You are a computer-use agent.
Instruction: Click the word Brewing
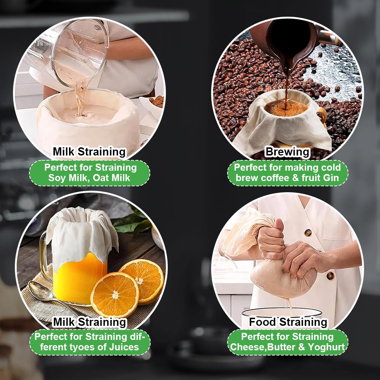click(x=288, y=152)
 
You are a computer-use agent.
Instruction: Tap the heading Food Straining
click(x=288, y=322)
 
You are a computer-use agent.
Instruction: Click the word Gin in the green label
click(x=331, y=178)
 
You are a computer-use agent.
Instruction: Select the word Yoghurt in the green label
click(x=326, y=347)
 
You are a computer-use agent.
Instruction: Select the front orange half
click(x=115, y=295)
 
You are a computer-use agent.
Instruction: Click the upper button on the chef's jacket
click(x=308, y=233)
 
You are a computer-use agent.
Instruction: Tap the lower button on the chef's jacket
click(x=330, y=276)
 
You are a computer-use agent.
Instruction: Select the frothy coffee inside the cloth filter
click(x=286, y=107)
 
